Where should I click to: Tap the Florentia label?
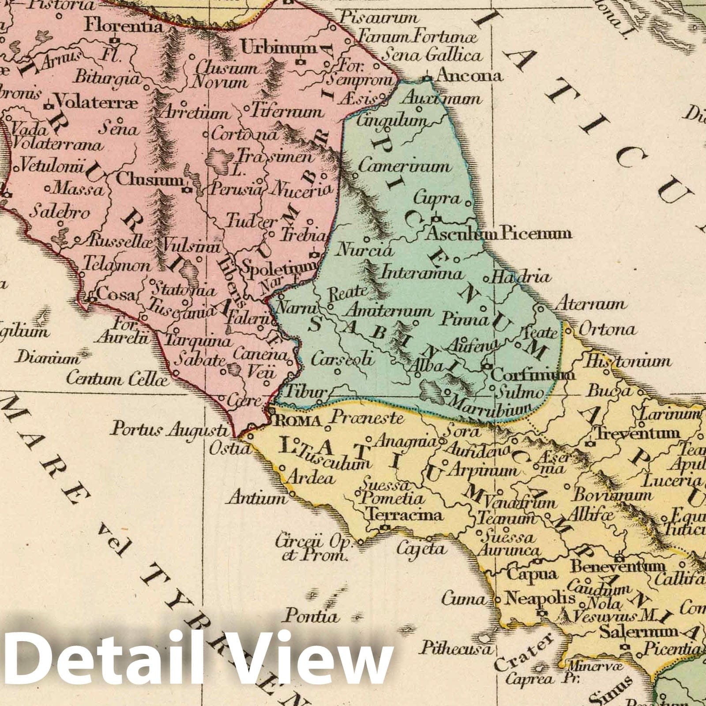pos(124,25)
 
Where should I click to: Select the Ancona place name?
pos(468,76)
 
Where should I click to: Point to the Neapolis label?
pos(540,599)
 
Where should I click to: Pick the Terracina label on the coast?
pos(405,515)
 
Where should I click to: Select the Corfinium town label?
pos(533,375)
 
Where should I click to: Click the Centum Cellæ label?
pos(118,378)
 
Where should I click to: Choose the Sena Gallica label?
pos(431,56)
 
